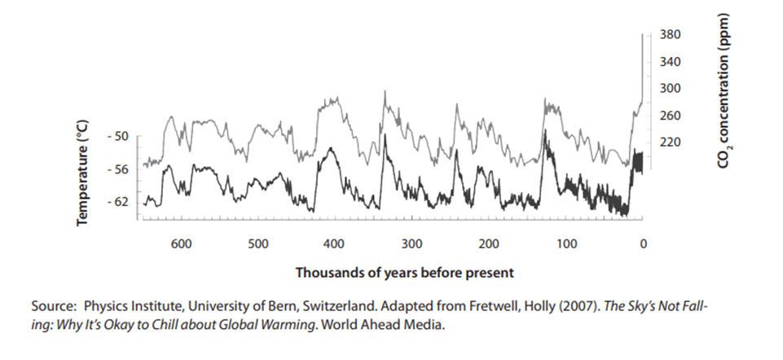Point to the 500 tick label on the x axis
coord(257,244)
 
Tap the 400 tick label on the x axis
coord(334,244)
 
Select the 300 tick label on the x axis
coord(411,244)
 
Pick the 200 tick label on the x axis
coord(489,244)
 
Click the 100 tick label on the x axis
coord(566,244)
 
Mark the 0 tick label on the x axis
coord(643,244)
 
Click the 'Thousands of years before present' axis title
coord(405,271)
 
